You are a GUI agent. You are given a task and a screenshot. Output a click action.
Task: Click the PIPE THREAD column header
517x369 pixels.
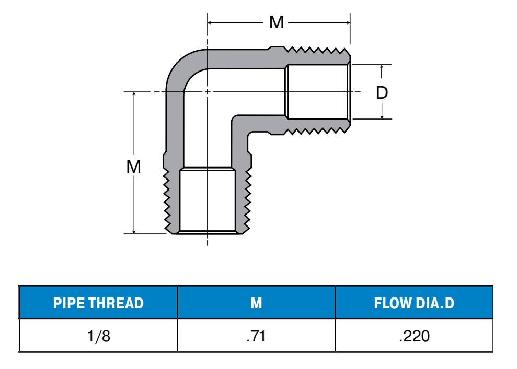(x=98, y=303)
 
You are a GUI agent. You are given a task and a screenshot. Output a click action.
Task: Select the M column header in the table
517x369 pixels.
(x=256, y=303)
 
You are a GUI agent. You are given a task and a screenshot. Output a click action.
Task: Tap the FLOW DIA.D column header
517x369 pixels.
(x=414, y=303)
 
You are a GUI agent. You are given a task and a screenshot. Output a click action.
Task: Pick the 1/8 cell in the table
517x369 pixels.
(x=98, y=336)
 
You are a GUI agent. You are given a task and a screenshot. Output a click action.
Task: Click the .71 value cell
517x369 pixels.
(x=256, y=336)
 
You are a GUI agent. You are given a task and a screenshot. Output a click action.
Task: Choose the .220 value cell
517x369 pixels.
(x=414, y=336)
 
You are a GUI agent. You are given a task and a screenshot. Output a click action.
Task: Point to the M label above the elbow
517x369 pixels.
(x=276, y=22)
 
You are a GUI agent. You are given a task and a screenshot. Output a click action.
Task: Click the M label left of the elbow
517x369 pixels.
(x=134, y=167)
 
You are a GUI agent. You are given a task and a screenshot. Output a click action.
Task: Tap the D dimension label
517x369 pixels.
(x=382, y=93)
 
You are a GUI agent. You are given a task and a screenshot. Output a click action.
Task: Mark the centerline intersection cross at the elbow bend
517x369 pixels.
(x=208, y=92)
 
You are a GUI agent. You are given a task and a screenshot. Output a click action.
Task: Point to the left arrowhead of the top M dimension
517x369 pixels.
(x=211, y=22)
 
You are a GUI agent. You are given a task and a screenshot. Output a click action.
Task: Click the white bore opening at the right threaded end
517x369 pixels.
(x=318, y=92)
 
